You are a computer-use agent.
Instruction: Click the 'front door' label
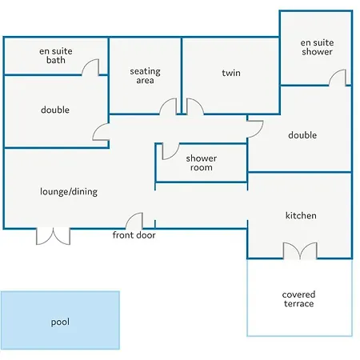coord(134,235)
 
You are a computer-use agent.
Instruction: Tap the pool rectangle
coord(60,320)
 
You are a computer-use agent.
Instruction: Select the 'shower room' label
coord(202,162)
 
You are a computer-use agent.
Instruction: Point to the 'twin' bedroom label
coord(231,73)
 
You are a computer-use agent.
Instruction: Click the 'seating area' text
coord(145,76)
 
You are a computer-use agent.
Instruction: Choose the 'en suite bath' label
coord(56,55)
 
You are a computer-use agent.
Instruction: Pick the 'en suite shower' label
coord(317,47)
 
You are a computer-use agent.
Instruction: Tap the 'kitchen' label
coord(301,215)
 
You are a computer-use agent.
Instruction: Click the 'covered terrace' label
coord(298,299)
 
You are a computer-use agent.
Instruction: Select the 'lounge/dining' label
coord(69,192)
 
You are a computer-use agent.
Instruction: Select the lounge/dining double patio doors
coord(53,237)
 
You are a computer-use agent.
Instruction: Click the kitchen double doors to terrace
coord(300,250)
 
